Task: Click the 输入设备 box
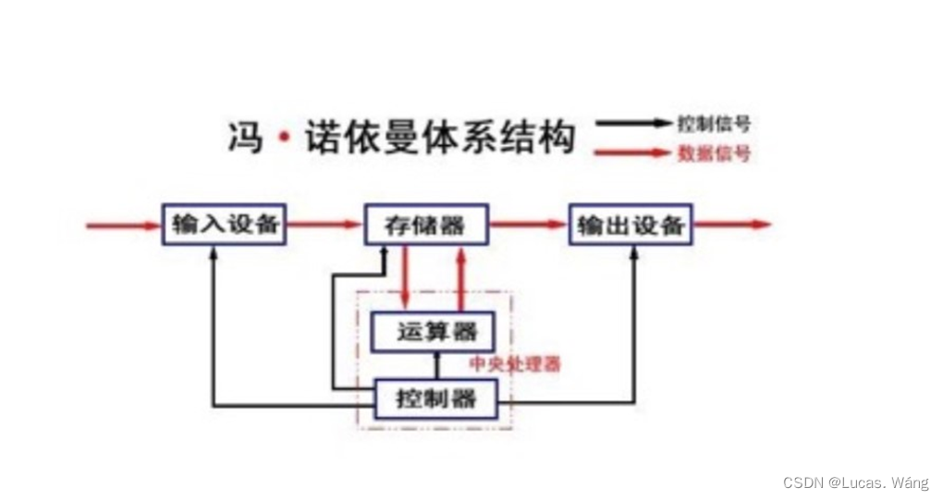[x=225, y=225]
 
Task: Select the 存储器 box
[x=424, y=225]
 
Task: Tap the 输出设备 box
[x=630, y=225]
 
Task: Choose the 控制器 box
[x=435, y=399]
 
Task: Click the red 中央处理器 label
[x=514, y=364]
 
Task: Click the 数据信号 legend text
[x=713, y=153]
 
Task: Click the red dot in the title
[x=284, y=140]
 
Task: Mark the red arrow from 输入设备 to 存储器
[x=324, y=225]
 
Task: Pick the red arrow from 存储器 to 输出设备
[x=528, y=225]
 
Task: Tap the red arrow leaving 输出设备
[x=731, y=225]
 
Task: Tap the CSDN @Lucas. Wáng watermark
[x=855, y=482]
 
